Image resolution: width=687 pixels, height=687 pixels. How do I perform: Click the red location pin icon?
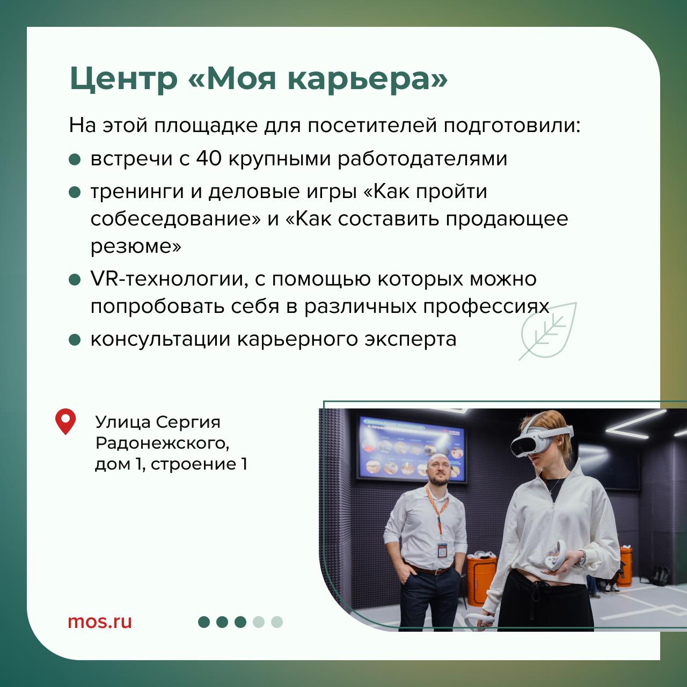pyautogui.click(x=65, y=421)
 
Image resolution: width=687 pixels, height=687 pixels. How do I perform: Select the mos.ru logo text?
pyautogui.click(x=100, y=622)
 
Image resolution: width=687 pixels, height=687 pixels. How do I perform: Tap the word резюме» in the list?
pyautogui.click(x=136, y=246)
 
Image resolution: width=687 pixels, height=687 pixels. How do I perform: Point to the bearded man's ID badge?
pyautogui.click(x=442, y=550)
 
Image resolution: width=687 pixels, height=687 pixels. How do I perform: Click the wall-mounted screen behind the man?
pyautogui.click(x=412, y=449)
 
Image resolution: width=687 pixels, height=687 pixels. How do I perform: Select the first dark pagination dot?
pyautogui.click(x=204, y=622)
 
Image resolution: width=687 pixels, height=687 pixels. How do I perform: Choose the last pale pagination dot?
pyautogui.click(x=276, y=622)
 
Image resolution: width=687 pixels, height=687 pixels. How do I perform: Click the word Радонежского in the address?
pyautogui.click(x=162, y=443)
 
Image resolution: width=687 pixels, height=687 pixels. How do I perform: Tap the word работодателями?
pyautogui.click(x=422, y=159)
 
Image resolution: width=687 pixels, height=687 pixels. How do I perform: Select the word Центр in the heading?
pyautogui.click(x=123, y=79)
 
